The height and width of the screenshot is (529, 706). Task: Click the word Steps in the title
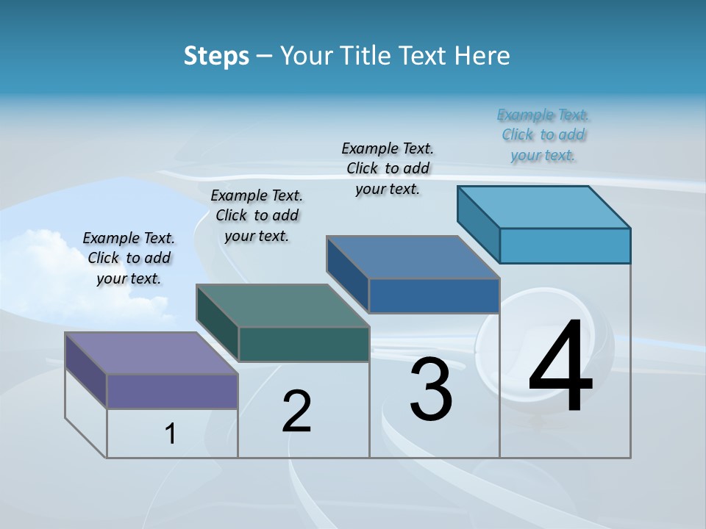(216, 56)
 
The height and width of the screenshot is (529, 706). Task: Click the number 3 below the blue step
(431, 390)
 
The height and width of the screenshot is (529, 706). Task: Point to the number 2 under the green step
(297, 411)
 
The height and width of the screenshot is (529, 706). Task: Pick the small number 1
(171, 434)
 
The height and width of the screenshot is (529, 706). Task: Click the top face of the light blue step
(544, 207)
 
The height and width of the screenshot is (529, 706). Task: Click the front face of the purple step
(172, 391)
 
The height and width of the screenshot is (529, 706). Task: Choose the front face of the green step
(304, 344)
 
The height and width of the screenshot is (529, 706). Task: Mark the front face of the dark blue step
(434, 295)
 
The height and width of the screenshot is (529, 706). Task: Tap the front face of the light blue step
(565, 245)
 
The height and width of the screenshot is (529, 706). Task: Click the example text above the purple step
(129, 258)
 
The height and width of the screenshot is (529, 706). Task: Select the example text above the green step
(257, 215)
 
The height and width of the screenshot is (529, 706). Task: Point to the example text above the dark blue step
(388, 168)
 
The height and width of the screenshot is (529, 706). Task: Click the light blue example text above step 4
(543, 134)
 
